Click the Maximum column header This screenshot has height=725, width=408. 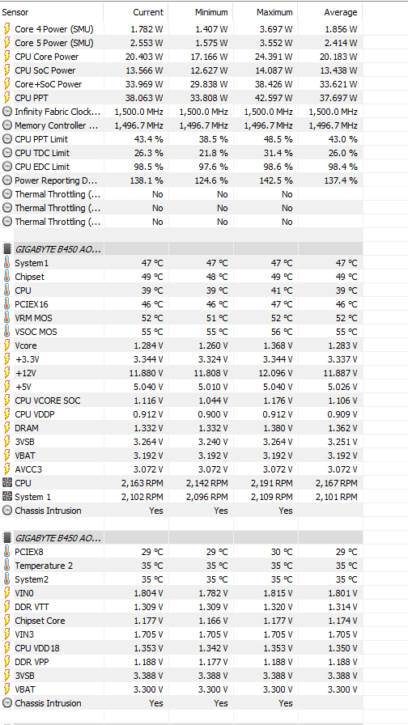pos(274,12)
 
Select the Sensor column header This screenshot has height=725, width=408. pos(15,12)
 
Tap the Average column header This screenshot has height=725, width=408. pos(341,12)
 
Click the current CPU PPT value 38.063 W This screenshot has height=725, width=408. pos(144,98)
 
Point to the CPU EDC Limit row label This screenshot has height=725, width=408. pos(42,167)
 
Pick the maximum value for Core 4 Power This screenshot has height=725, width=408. pos(275,29)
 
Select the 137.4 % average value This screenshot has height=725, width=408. pos(341,180)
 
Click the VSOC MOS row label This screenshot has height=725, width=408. pos(36,332)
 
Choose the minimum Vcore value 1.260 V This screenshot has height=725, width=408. pos(212,346)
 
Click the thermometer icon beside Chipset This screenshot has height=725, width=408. pos(7,277)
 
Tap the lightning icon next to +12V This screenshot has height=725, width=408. pos(7,373)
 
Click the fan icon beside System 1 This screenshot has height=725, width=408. pos(7,497)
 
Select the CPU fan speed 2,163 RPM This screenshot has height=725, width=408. pos(142,483)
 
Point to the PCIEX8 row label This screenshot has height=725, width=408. pos(30,552)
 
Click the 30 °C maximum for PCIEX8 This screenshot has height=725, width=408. pos(281,552)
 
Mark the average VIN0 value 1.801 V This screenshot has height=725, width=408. pos(342,593)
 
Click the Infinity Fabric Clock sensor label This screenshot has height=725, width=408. pos(57,112)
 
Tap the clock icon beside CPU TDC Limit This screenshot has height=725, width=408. pos(7,153)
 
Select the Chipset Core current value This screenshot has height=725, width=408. pos(147,621)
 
